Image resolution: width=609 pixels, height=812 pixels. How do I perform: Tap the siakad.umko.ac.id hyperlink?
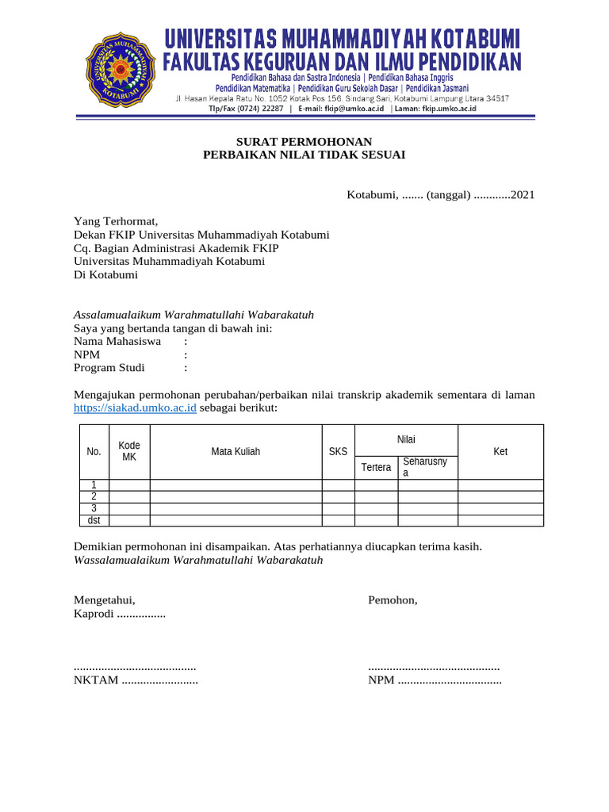pyautogui.click(x=135, y=408)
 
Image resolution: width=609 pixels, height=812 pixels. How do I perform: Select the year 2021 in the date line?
pyautogui.click(x=523, y=195)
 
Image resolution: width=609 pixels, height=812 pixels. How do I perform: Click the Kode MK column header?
pyautogui.click(x=129, y=451)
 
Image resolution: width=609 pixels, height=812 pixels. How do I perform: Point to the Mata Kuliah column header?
pyautogui.click(x=236, y=452)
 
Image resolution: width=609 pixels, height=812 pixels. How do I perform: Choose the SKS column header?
pyautogui.click(x=338, y=452)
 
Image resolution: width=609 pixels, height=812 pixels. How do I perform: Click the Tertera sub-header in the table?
pyautogui.click(x=376, y=467)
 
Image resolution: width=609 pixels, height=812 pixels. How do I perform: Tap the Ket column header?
pyautogui.click(x=500, y=452)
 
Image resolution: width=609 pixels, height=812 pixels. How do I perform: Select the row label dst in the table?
pyautogui.click(x=94, y=521)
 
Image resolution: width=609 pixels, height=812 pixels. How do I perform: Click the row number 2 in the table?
pyautogui.click(x=94, y=497)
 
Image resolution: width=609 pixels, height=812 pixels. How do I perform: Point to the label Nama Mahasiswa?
pyautogui.click(x=117, y=341)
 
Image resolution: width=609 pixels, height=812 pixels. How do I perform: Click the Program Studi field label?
pyautogui.click(x=109, y=368)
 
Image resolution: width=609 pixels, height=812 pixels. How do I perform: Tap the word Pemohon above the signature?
pyautogui.click(x=393, y=600)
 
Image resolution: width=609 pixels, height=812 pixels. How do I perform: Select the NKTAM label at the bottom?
pyautogui.click(x=96, y=680)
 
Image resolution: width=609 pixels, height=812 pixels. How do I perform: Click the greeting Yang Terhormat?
pyautogui.click(x=116, y=221)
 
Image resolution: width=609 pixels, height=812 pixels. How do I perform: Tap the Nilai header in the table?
pyautogui.click(x=406, y=439)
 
